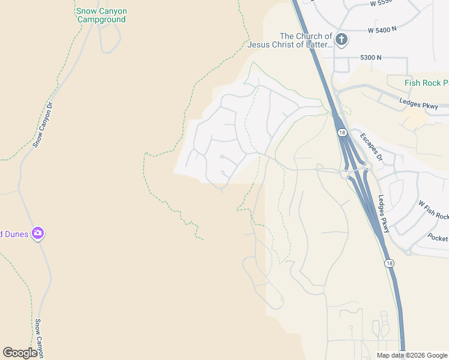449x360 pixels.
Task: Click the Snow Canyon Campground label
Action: coord(101,15)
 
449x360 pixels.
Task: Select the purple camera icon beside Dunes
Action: coord(38,233)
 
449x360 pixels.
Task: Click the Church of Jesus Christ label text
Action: coord(306,40)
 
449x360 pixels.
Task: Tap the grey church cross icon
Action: coord(342,40)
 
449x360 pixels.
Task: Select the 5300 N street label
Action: coord(371,58)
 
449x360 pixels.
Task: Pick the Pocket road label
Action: coord(438,238)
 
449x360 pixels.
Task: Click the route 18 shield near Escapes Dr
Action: coord(342,133)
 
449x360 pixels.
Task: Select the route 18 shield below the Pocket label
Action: coord(389,263)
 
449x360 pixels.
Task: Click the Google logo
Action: coord(20,353)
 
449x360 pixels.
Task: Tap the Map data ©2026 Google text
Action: coord(412,355)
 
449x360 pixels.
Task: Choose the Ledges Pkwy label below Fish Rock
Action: coord(424,104)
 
